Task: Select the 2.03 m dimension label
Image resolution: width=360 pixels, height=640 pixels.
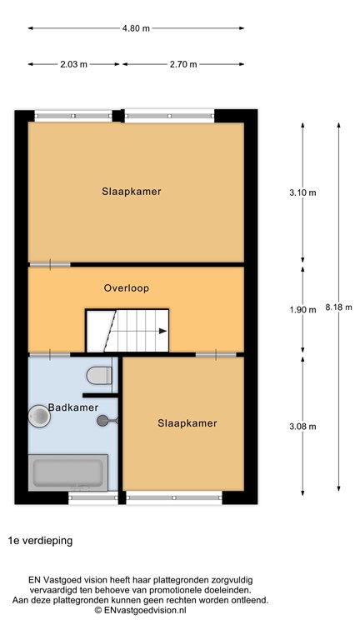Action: (x=73, y=63)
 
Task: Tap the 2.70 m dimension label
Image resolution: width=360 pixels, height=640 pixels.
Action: (x=182, y=63)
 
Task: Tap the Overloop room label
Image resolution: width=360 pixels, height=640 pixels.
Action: (x=126, y=288)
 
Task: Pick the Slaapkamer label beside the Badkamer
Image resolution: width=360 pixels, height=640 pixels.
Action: (x=187, y=423)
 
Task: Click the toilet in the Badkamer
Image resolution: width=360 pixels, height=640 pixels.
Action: (x=100, y=375)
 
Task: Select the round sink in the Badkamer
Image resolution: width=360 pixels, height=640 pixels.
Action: (x=39, y=415)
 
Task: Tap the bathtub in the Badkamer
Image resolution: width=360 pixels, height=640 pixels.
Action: (x=68, y=475)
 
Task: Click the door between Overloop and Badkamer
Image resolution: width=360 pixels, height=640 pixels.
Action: (x=49, y=355)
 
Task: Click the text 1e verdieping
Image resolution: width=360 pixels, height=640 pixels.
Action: (x=41, y=540)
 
